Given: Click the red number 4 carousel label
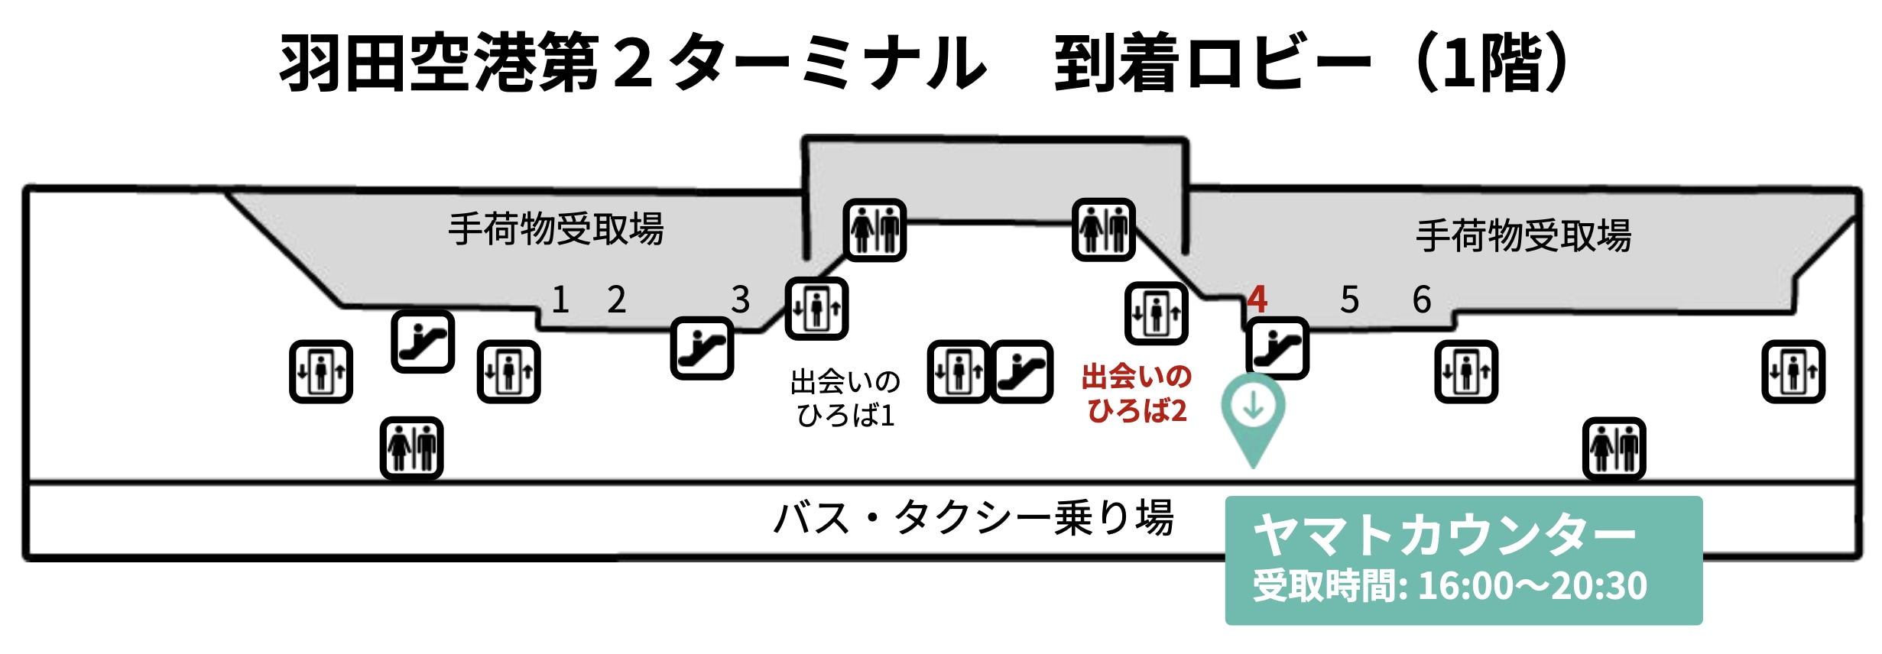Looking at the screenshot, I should [1257, 299].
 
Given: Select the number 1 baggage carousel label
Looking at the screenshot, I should [560, 299].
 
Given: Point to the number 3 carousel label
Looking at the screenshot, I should [740, 299].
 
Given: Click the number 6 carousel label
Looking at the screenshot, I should [1422, 299].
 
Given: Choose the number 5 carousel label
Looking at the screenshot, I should [1350, 299].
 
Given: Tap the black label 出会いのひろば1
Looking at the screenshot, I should [845, 398].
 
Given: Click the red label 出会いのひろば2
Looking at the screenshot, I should [1137, 393].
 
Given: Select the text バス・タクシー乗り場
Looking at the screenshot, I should [973, 518].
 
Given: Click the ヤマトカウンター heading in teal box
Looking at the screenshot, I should [1445, 536].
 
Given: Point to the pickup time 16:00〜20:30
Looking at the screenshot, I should [1532, 586].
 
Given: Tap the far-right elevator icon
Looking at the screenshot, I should [1793, 372].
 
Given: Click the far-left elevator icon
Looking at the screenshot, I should [321, 372].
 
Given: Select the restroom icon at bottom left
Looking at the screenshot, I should [412, 448].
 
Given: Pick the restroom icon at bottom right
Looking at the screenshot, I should [1614, 448].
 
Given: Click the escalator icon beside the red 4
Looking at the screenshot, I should [1277, 348].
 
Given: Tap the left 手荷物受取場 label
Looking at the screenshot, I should [556, 229].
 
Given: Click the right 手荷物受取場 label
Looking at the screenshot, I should [1523, 235].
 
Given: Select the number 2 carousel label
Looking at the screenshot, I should [617, 299].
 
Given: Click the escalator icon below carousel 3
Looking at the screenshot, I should [702, 348].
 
